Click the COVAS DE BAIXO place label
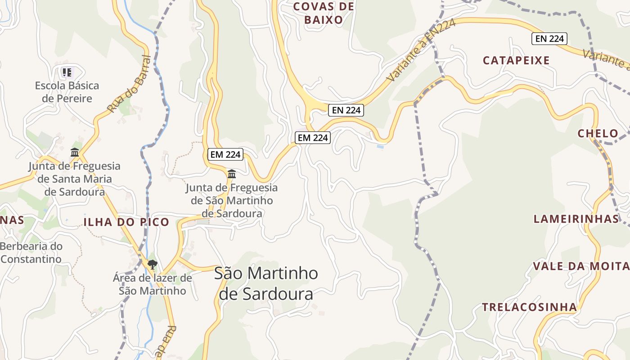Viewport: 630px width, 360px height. (323, 13)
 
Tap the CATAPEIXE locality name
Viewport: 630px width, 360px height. (516, 61)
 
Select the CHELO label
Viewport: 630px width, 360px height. (598, 134)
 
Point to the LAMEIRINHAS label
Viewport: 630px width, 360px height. (576, 219)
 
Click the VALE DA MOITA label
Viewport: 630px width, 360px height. (581, 266)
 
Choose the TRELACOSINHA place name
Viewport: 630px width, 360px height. (529, 307)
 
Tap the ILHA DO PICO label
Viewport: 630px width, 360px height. (126, 222)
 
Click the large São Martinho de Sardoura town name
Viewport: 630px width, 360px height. (266, 283)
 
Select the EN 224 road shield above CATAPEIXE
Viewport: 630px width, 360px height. (549, 39)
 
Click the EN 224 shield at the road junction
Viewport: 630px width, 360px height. (346, 110)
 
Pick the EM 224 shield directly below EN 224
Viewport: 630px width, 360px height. (313, 138)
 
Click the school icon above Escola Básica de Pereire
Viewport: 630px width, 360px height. (67, 72)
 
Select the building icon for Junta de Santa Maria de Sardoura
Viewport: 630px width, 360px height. (75, 153)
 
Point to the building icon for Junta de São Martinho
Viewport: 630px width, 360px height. (232, 174)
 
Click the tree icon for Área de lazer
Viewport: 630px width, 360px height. (153, 264)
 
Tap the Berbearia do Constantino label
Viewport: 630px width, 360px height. (31, 253)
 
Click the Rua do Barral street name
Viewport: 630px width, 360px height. (129, 84)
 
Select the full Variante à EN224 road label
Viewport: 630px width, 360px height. (421, 50)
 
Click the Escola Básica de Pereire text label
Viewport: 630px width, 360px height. (67, 92)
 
